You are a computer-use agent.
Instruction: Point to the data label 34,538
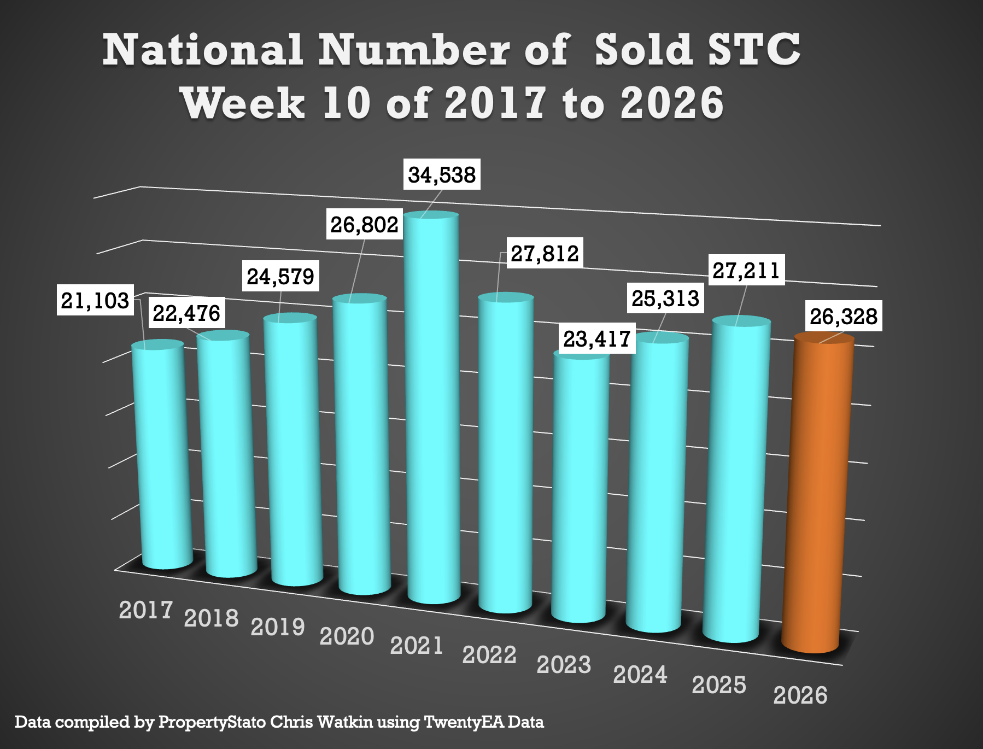(442, 175)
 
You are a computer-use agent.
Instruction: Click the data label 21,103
(95, 301)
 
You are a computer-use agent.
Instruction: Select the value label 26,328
(843, 317)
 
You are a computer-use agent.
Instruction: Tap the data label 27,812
(545, 254)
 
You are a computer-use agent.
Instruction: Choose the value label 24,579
(280, 277)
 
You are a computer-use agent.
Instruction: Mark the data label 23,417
(597, 339)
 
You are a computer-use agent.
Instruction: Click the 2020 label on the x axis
(347, 636)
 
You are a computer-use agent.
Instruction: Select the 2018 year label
(211, 618)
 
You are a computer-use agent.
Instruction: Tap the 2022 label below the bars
(489, 655)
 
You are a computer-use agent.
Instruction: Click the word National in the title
(202, 50)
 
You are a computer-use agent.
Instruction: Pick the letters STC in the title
(753, 50)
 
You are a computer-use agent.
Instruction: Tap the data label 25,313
(665, 299)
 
